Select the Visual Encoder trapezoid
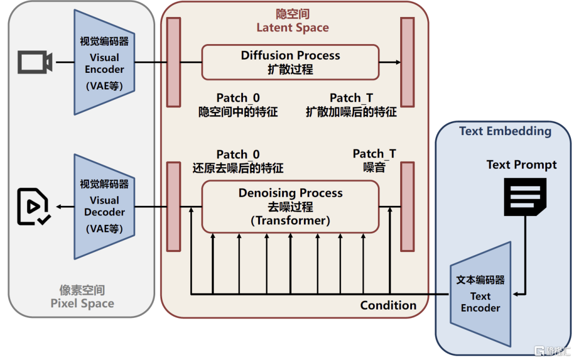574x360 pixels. tap(104, 63)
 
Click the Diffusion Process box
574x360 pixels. tap(290, 62)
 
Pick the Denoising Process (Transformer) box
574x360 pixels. tap(290, 206)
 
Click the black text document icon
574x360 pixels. tap(525, 196)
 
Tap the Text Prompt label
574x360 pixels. tap(521, 165)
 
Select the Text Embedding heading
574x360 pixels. tap(505, 131)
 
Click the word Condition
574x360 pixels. tap(388, 305)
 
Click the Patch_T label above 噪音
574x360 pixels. tap(374, 154)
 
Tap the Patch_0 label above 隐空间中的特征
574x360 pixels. tap(238, 98)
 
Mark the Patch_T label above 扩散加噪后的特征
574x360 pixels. tap(351, 98)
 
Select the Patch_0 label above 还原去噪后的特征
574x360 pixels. tap(238, 155)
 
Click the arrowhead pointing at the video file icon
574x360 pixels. tap(60, 206)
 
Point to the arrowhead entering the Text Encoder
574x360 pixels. tap(515, 294)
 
